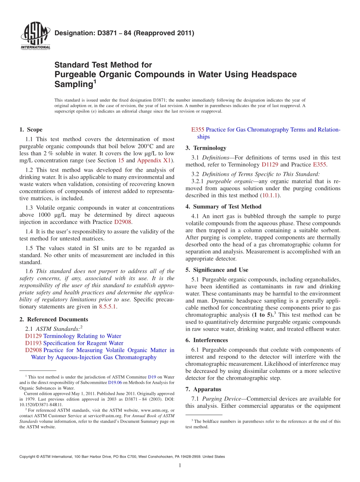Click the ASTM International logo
[35, 36]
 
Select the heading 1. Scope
[31, 130]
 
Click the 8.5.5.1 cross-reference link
[108, 307]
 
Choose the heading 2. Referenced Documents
[53, 319]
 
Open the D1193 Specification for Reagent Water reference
[74, 343]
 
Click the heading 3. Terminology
[206, 148]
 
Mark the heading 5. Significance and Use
[217, 270]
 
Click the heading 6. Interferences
[207, 340]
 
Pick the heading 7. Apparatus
[203, 390]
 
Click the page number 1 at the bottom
[180, 466]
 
